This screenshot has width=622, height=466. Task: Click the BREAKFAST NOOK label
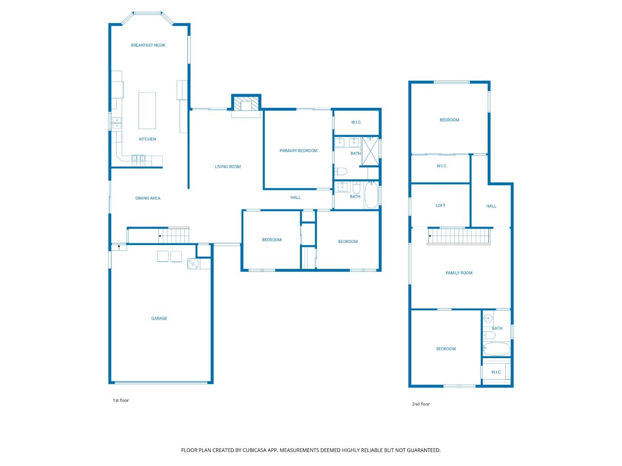(x=148, y=45)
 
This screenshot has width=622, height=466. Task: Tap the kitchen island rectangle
(x=147, y=110)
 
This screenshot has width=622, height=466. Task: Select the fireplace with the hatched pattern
(x=247, y=104)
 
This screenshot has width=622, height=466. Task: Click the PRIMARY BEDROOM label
(x=298, y=151)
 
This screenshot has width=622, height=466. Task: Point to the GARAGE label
(x=159, y=318)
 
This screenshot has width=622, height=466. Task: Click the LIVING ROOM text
(x=228, y=167)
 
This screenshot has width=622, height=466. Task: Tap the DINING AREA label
(x=148, y=198)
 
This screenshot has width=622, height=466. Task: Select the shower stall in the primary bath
(x=370, y=151)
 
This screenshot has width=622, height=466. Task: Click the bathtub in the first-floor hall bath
(x=371, y=195)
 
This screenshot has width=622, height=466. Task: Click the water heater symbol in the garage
(x=193, y=264)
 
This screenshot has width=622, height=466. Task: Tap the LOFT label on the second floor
(x=440, y=205)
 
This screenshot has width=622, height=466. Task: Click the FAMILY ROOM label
(x=459, y=273)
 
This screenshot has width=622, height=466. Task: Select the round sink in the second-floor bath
(x=488, y=319)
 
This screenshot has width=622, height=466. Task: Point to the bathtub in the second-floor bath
(x=496, y=349)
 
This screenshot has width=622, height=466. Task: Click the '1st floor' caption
(x=121, y=400)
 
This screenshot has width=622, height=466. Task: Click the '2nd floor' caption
(x=421, y=404)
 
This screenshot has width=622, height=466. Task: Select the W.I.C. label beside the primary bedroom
(x=356, y=123)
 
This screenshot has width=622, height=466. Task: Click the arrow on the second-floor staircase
(x=431, y=236)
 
